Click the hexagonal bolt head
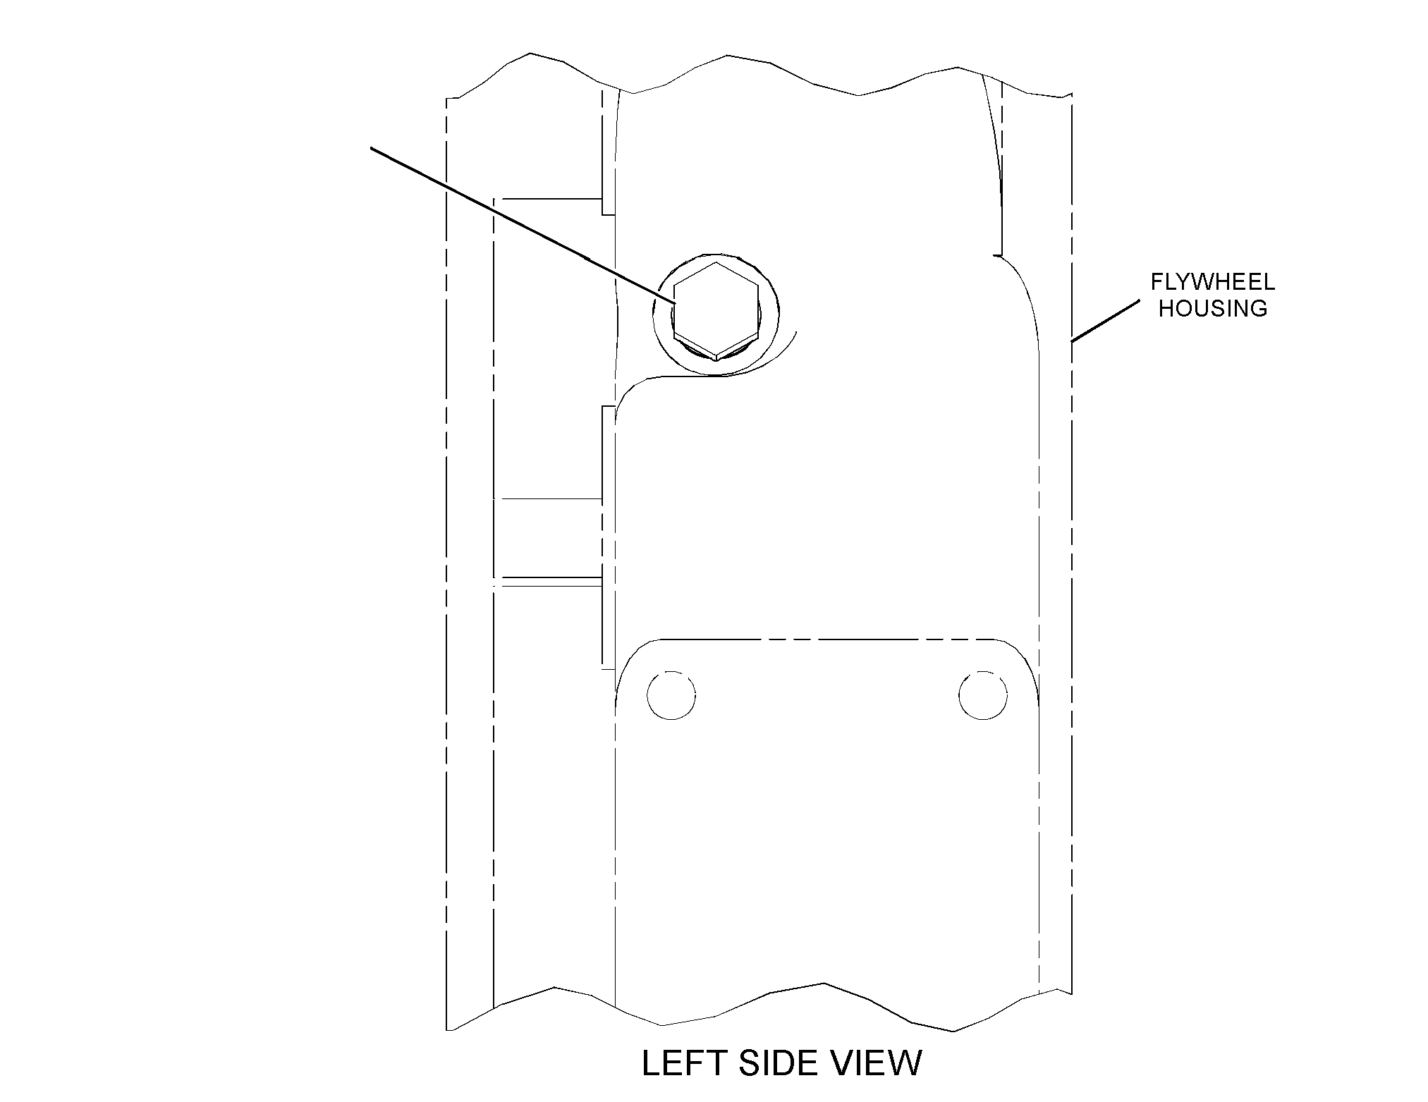716,311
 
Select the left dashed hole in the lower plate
671,695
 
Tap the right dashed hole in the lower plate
983,695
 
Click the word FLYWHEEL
1213,283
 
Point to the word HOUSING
1213,308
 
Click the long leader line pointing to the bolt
523,226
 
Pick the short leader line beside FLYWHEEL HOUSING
1105,322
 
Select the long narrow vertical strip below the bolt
608,537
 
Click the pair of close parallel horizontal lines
548,582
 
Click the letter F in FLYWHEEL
1158,283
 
